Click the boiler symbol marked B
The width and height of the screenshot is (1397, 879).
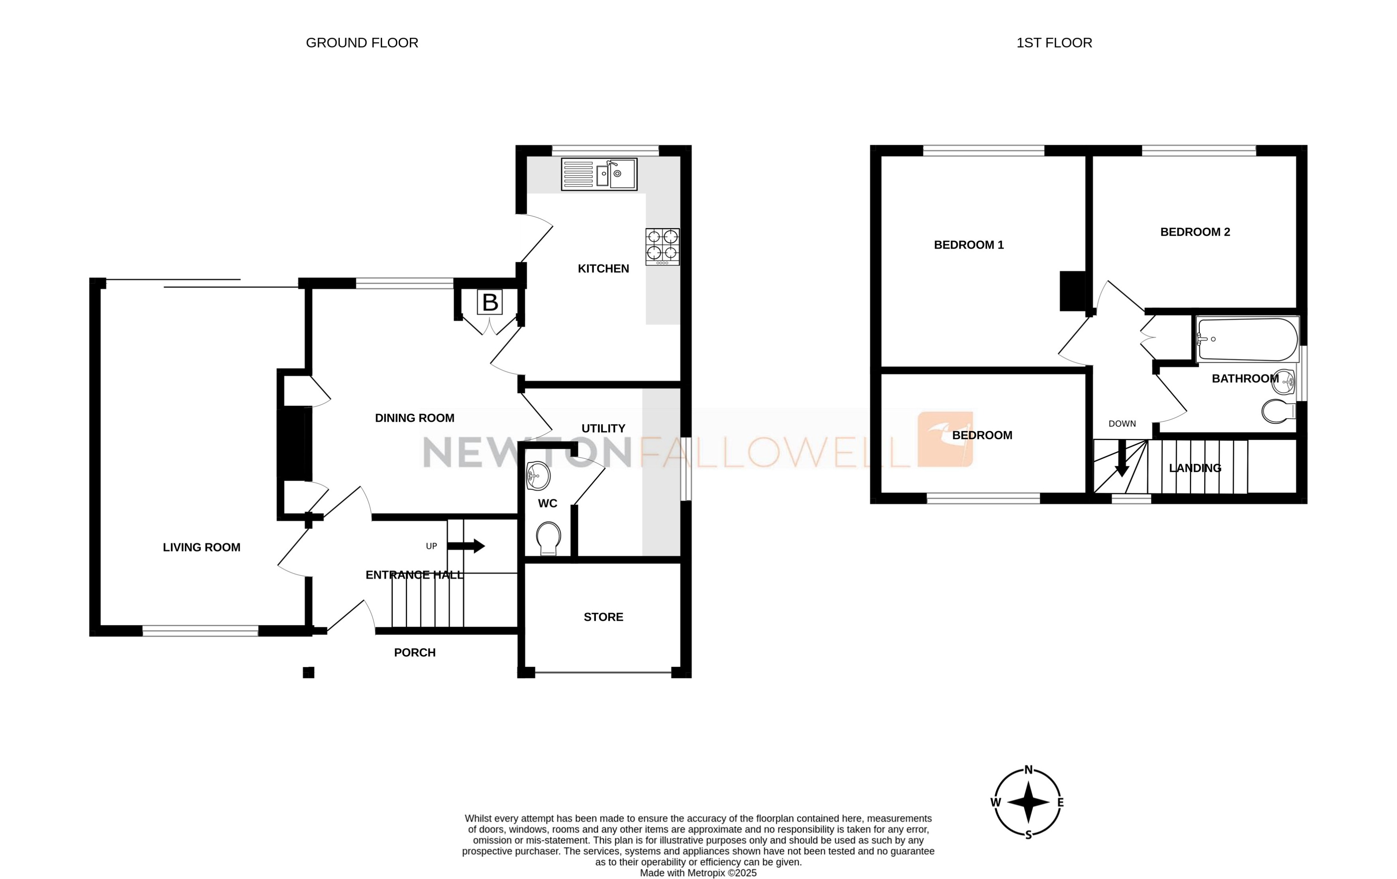pos(490,302)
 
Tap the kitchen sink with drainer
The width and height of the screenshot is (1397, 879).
pos(599,174)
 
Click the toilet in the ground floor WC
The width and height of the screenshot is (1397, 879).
pos(548,537)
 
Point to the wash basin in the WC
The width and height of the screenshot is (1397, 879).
pos(538,476)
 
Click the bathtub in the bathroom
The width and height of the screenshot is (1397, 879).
pos(1247,339)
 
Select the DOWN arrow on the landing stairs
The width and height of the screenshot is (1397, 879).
pos(1122,458)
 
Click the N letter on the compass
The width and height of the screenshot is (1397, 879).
pos(1029,770)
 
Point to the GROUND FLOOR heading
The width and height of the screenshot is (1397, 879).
pos(362,43)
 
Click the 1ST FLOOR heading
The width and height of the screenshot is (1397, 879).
pos(1054,43)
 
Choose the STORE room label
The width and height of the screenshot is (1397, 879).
pos(604,617)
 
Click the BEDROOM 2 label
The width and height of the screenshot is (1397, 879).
pos(1195,232)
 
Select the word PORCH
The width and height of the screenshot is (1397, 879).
pos(414,652)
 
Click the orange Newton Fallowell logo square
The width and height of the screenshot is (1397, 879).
pos(944,439)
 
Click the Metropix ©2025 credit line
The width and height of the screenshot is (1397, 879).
pos(698,873)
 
